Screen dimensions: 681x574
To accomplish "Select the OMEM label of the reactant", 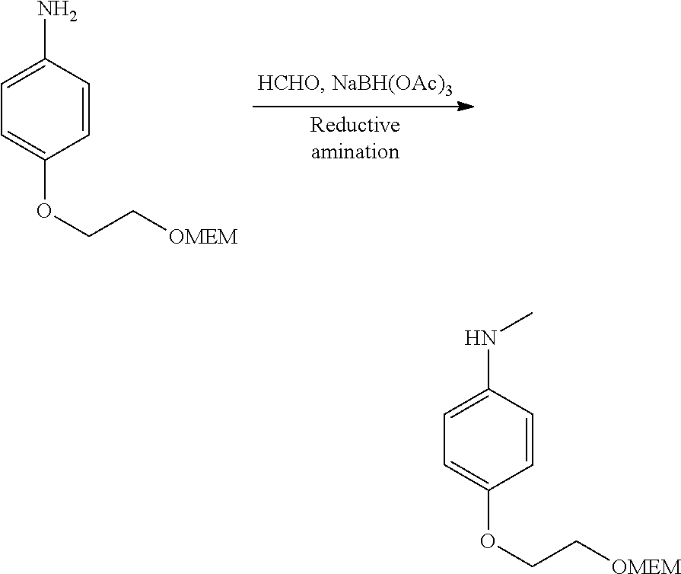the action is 202,237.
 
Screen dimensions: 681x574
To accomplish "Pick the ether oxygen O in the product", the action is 488,541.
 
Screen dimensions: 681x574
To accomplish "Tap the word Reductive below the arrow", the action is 355,125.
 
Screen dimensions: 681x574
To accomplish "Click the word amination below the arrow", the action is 355,151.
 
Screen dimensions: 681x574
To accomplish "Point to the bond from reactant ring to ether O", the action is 46,180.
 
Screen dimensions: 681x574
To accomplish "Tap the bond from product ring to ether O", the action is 487,511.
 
